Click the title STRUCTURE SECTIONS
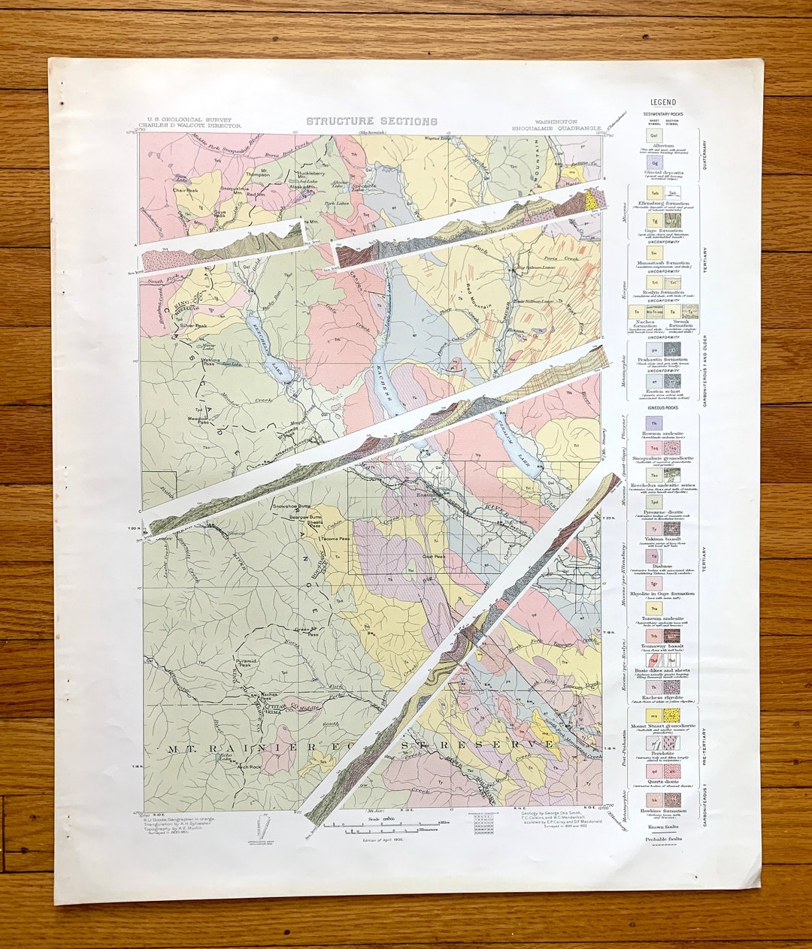pos(371,121)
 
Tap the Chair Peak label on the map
pos(183,190)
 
